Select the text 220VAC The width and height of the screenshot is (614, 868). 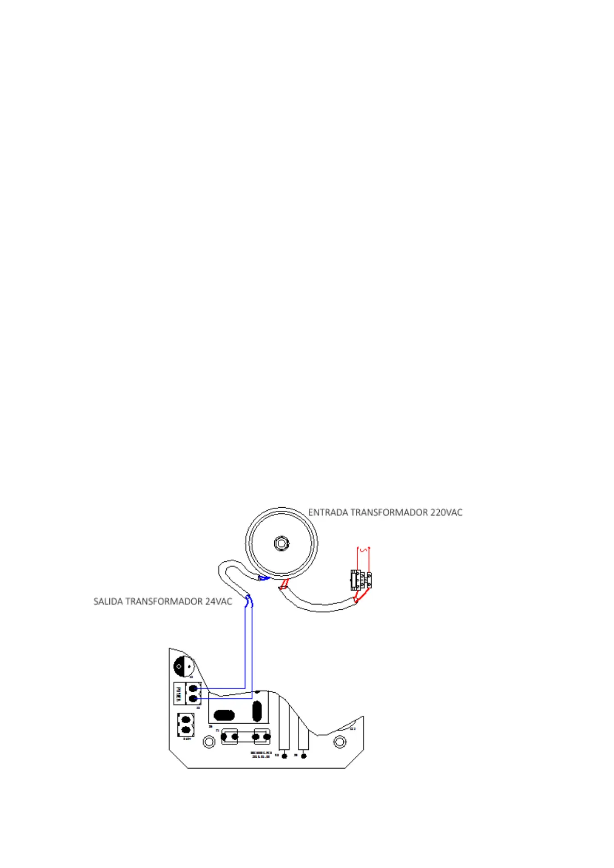point(446,512)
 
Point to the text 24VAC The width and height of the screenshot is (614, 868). point(219,602)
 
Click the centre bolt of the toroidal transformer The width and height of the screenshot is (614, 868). point(281,543)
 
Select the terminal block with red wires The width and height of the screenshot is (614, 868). point(361,580)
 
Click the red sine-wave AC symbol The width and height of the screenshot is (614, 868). point(364,549)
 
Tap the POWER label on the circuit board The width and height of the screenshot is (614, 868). point(178,693)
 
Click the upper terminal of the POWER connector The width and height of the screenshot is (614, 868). point(194,688)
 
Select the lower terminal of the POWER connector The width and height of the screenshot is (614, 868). point(194,698)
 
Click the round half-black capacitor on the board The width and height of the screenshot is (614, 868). point(182,666)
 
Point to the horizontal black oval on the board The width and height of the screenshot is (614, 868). point(224,715)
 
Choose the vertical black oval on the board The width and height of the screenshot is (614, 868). point(257,711)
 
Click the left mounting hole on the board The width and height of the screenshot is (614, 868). point(209,742)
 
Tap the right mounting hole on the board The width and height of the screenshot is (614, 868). point(340,742)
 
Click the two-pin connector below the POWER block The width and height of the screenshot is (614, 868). point(186,724)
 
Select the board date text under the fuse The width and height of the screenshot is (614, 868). point(261,757)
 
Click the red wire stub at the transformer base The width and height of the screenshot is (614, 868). point(284,584)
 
